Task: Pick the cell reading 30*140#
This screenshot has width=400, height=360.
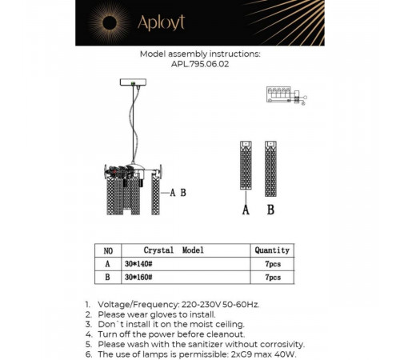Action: click(138, 263)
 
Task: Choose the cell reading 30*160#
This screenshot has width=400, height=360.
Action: click(138, 278)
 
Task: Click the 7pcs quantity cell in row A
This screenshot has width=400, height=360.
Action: click(271, 263)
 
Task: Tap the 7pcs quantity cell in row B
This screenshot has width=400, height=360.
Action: click(271, 278)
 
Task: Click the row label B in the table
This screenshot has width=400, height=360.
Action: click(108, 278)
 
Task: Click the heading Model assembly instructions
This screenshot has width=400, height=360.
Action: click(200, 54)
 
